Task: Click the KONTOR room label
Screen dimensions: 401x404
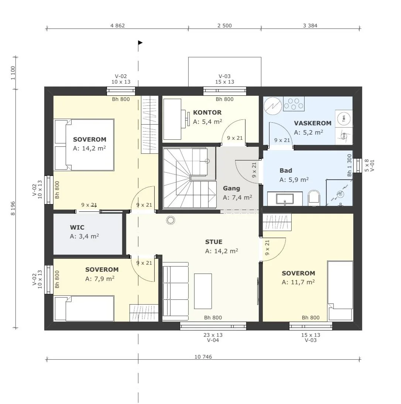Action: (x=207, y=113)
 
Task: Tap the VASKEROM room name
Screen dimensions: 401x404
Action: (x=313, y=123)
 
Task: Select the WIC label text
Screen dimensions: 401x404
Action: (x=77, y=228)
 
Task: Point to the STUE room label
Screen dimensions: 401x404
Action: (x=214, y=242)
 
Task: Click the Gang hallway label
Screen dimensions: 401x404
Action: (x=232, y=189)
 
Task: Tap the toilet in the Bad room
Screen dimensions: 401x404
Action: (x=314, y=198)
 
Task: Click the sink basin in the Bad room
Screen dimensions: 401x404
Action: (x=285, y=198)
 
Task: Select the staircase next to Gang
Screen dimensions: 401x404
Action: (x=189, y=177)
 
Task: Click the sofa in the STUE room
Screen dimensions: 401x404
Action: (x=175, y=291)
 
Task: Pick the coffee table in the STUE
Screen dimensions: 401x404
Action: (x=203, y=291)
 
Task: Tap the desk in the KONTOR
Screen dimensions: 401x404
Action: (x=172, y=119)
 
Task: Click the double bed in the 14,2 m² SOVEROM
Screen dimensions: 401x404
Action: (x=84, y=145)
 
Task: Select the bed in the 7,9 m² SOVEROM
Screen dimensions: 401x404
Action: (x=84, y=308)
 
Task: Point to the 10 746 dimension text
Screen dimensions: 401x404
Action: (x=203, y=357)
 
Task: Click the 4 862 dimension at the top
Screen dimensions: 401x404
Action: (x=117, y=26)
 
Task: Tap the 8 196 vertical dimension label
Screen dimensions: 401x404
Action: (x=13, y=208)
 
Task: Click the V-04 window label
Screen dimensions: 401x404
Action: (x=213, y=340)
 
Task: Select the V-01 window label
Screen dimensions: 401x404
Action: (x=372, y=166)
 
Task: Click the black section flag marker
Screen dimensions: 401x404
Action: (x=140, y=43)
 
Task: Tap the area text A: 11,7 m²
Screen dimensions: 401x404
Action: (x=298, y=282)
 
